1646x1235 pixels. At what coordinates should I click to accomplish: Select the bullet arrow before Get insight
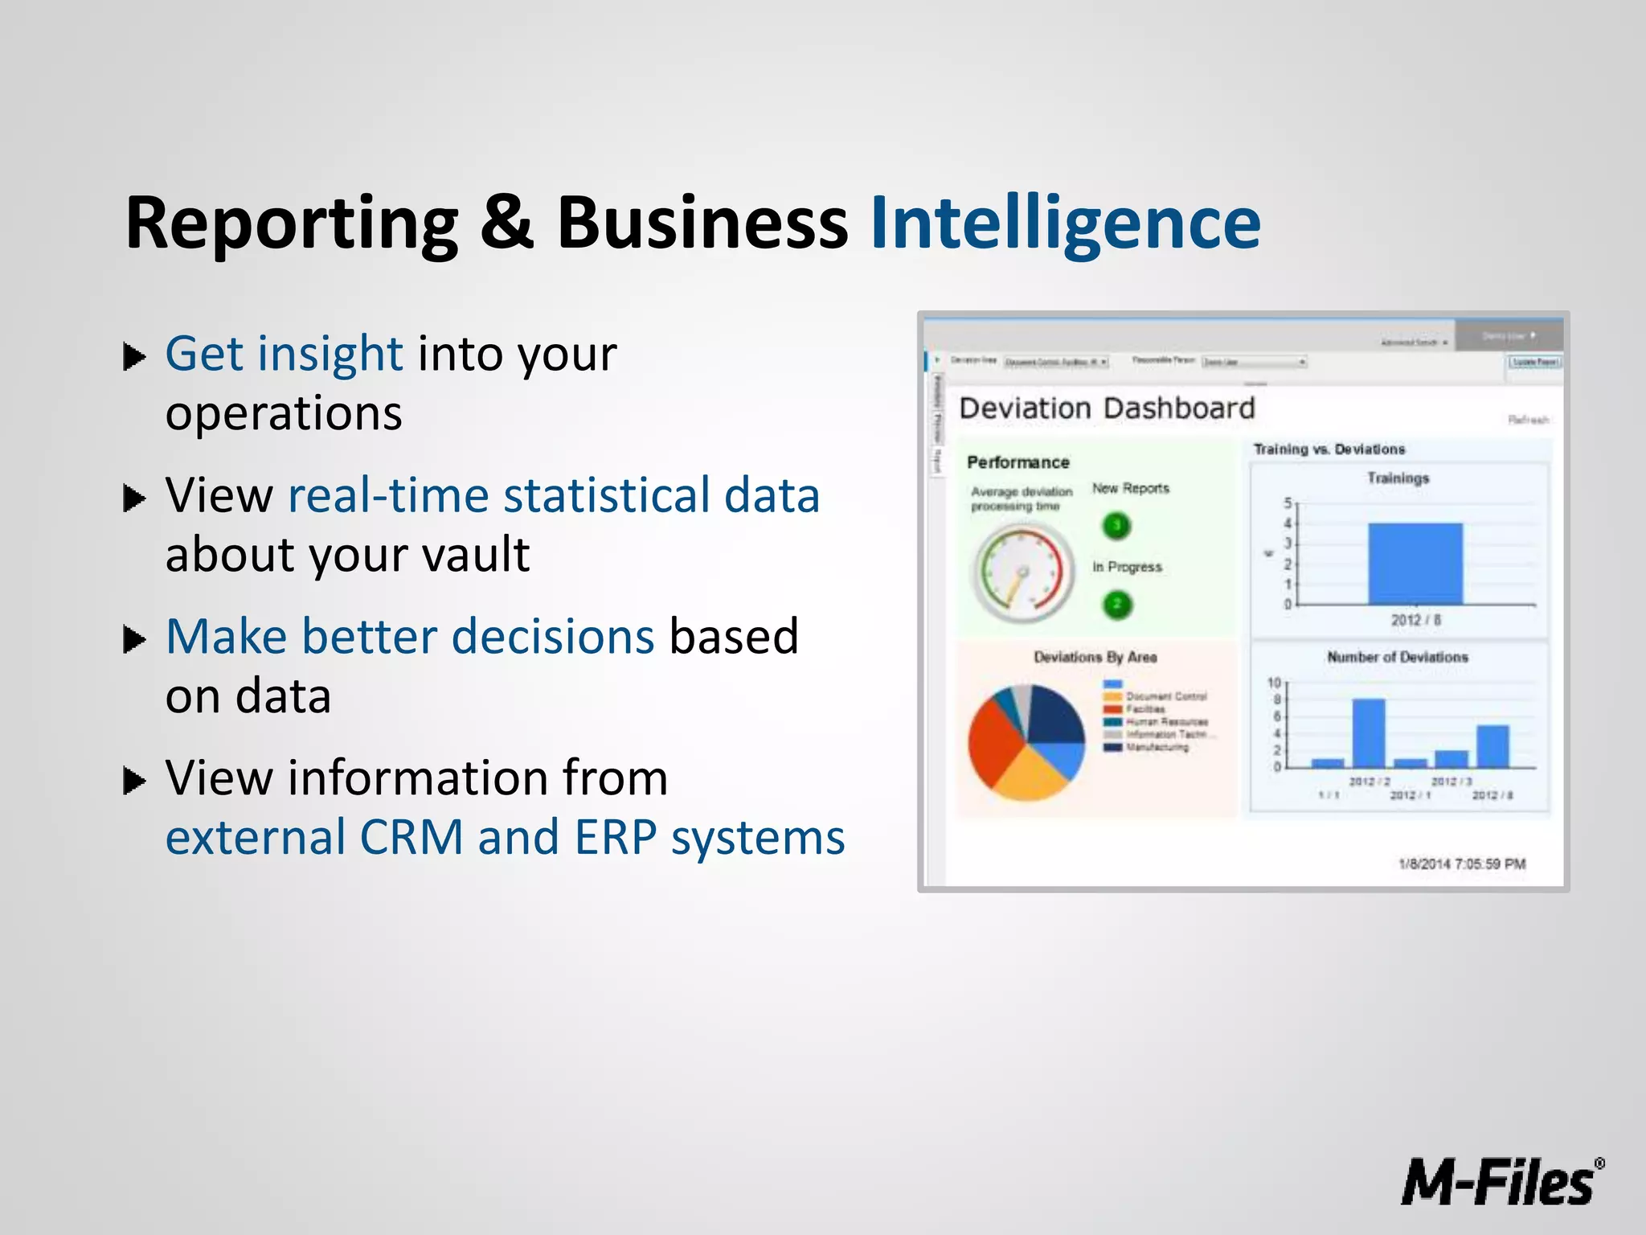[134, 356]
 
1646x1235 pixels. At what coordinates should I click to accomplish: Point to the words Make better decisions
[410, 637]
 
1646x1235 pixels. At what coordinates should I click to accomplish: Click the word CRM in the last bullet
[411, 838]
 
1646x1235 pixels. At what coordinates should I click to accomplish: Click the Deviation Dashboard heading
[1107, 408]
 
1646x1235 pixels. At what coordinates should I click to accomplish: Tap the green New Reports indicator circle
[1116, 526]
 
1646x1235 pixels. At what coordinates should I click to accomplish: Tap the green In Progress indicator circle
[1117, 604]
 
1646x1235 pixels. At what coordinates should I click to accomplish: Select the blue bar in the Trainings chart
[1415, 564]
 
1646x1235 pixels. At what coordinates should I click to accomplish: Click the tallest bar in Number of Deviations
[1368, 733]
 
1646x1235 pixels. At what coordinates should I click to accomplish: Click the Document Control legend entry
[1165, 696]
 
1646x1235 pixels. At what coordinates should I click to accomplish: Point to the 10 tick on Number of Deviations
[1274, 683]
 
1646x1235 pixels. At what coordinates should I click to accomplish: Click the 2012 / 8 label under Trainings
[1415, 620]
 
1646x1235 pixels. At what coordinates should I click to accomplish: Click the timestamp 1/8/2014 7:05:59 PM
[1461, 864]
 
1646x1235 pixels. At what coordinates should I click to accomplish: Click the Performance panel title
[1017, 462]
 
